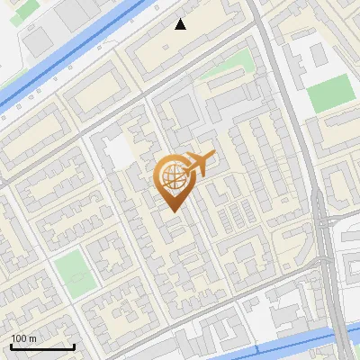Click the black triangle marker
pos(181,24)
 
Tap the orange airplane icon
pos(200,164)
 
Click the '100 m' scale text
pos(23,338)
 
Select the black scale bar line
pos(42,346)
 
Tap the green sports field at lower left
pos(74,274)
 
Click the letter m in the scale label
pos(32,338)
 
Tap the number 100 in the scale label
pos(19,338)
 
